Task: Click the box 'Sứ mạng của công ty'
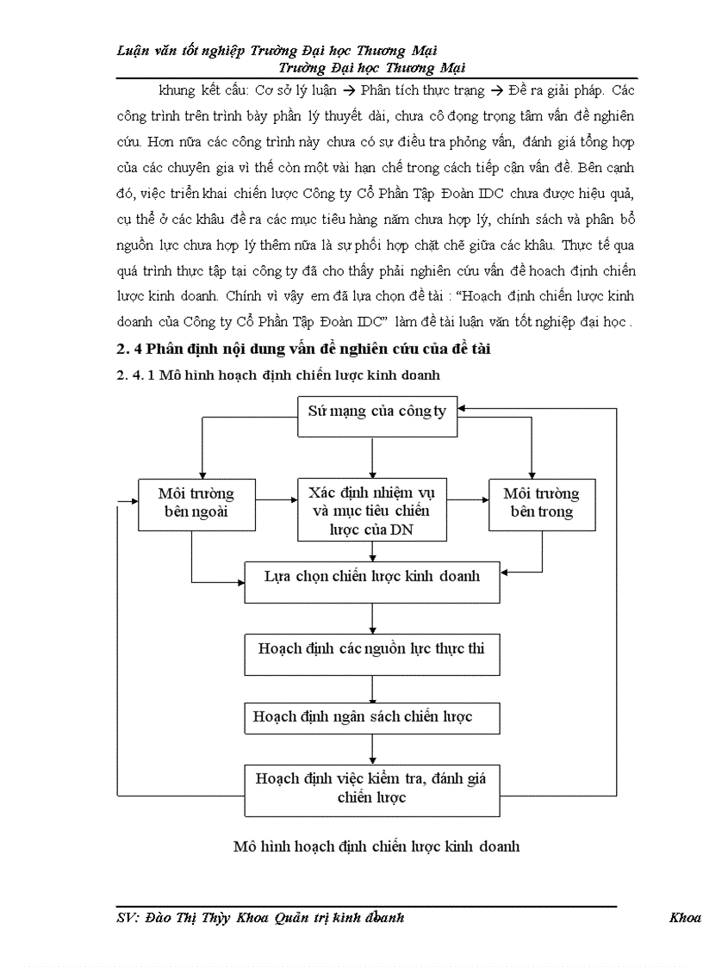[376, 411]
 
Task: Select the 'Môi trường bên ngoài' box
[196, 504]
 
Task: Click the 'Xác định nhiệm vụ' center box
[372, 511]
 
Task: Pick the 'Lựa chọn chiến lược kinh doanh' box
[372, 577]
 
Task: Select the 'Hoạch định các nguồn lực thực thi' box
[372, 647]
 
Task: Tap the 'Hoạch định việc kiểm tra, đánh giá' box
[372, 788]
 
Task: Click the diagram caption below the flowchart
[376, 846]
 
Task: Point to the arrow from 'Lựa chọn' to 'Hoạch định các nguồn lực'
[372, 618]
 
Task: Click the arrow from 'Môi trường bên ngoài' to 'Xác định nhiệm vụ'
[275, 498]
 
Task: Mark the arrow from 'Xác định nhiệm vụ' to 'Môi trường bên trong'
[468, 498]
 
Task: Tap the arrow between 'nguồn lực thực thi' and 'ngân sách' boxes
[372, 689]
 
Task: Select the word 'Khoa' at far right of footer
[685, 918]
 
